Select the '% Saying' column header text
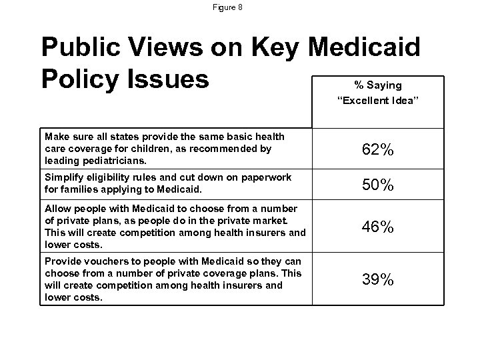click(377, 85)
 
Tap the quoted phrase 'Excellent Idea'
click(377, 101)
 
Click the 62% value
click(377, 151)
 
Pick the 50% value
click(377, 185)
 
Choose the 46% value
click(377, 228)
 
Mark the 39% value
click(377, 279)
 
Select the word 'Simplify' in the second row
click(63, 177)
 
